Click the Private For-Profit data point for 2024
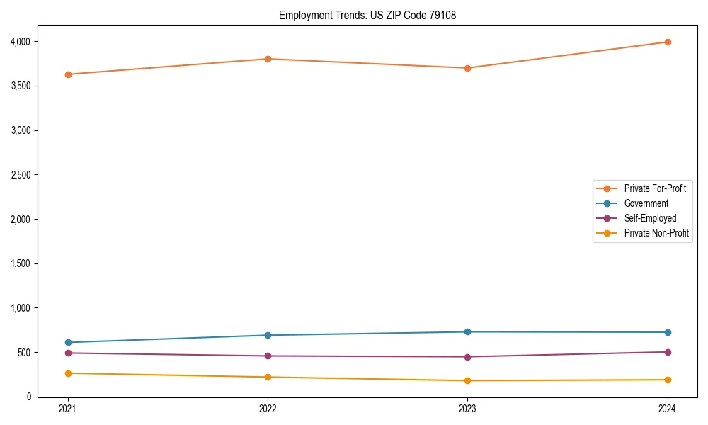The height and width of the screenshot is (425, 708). pos(668,42)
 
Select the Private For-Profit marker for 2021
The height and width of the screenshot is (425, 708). pos(68,74)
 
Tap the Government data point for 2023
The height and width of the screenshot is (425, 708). pos(468,332)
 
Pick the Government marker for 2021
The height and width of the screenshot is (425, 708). pos(68,342)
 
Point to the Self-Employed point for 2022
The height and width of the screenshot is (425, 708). pos(268,356)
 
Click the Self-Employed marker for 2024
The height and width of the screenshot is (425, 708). pos(668,352)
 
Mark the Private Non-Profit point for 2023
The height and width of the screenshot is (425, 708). pos(468,381)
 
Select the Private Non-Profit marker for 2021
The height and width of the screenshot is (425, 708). pos(68,373)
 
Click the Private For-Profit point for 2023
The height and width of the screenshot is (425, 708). pos(468,68)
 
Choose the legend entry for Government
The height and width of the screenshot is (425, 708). pos(646,203)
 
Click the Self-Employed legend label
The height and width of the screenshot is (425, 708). pos(650,218)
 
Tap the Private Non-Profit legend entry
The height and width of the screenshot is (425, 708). pos(656,233)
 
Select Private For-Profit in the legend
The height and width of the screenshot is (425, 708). pos(655,188)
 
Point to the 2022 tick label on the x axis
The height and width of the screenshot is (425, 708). pos(268,408)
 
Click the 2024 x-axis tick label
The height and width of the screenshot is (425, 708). pos(668,408)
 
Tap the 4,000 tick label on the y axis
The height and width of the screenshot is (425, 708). pos(21,42)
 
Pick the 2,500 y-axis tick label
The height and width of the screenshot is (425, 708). pos(21,175)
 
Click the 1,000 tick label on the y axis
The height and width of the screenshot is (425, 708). pos(21,308)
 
